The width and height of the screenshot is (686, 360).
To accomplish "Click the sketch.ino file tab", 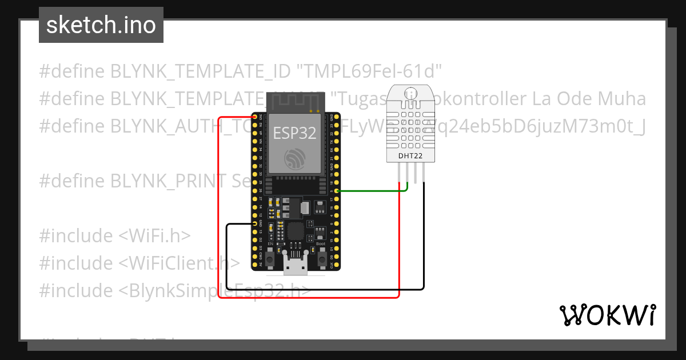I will (x=101, y=25).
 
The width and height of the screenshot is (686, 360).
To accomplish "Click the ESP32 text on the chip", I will (x=294, y=133).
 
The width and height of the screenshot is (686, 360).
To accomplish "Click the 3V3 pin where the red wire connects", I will (x=255, y=116).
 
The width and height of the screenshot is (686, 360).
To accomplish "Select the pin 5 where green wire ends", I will (x=337, y=191).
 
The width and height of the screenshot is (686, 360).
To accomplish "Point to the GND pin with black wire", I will (x=255, y=224).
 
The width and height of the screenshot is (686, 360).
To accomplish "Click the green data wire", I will (x=372, y=191).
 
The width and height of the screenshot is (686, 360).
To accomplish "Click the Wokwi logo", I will (x=607, y=315).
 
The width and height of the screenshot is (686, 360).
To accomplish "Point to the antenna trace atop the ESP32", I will (x=294, y=102).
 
